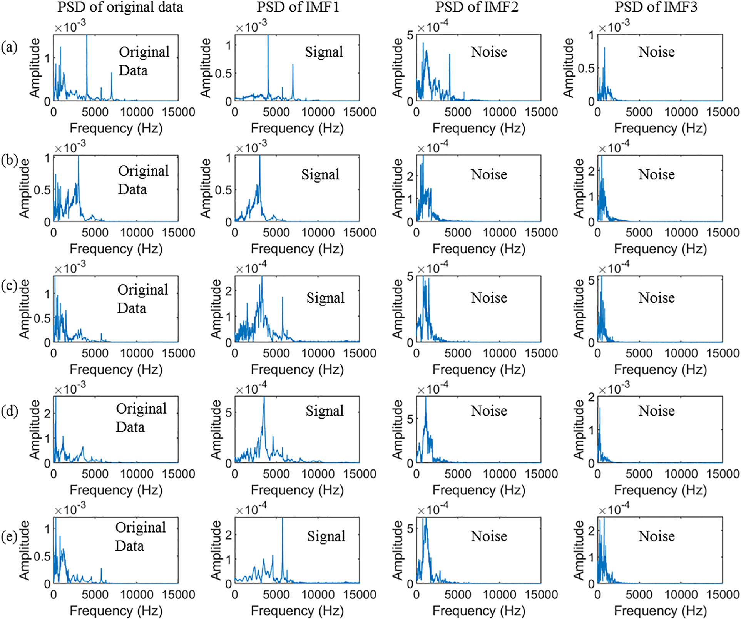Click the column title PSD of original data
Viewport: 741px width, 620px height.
(x=120, y=7)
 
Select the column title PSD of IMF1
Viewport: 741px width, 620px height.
(x=298, y=7)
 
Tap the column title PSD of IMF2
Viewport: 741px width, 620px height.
(x=477, y=7)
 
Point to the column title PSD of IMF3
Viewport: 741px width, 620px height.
(x=656, y=7)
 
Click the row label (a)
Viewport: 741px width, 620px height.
(x=9, y=47)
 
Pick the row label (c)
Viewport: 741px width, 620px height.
(x=9, y=286)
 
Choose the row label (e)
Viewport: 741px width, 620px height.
(x=9, y=536)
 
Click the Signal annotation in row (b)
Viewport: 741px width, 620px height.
(x=320, y=174)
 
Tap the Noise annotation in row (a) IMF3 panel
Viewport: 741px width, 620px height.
(x=656, y=52)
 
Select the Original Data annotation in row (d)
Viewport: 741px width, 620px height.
(x=141, y=418)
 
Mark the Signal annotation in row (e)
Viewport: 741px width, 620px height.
(x=326, y=536)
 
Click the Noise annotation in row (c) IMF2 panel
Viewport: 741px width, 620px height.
(x=489, y=298)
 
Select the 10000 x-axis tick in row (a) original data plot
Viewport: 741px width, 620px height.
(x=136, y=112)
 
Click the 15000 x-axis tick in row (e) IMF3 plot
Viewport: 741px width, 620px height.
(x=723, y=595)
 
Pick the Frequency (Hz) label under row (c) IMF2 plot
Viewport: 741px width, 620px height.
(x=479, y=369)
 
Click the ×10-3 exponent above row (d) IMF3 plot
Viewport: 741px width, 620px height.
(x=614, y=389)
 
